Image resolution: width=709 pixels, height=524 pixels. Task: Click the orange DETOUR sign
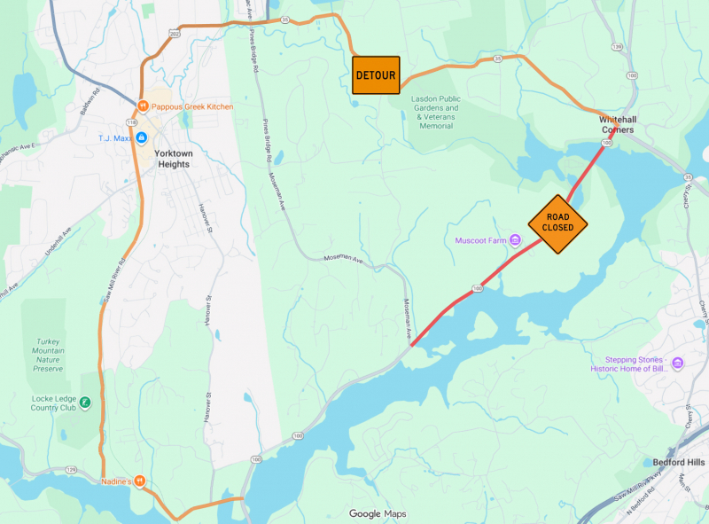coord(376,75)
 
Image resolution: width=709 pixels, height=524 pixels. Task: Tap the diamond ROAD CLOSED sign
coord(558,224)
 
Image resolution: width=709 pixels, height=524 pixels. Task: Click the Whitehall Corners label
coord(617,124)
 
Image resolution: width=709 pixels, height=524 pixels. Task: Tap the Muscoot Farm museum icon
coord(515,240)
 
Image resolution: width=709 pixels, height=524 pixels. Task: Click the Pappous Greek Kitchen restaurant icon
coord(142,107)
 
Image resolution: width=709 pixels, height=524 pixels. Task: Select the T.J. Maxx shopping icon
coord(141,137)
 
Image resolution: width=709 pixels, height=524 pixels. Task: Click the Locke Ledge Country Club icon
coord(86,403)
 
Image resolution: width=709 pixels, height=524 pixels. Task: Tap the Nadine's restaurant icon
coord(139,481)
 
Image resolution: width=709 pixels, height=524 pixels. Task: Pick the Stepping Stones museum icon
coord(678,364)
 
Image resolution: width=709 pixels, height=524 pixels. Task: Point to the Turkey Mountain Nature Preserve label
coord(48,353)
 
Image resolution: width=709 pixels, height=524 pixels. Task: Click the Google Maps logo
coord(377,513)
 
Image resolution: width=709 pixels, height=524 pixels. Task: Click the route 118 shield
coord(130,121)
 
